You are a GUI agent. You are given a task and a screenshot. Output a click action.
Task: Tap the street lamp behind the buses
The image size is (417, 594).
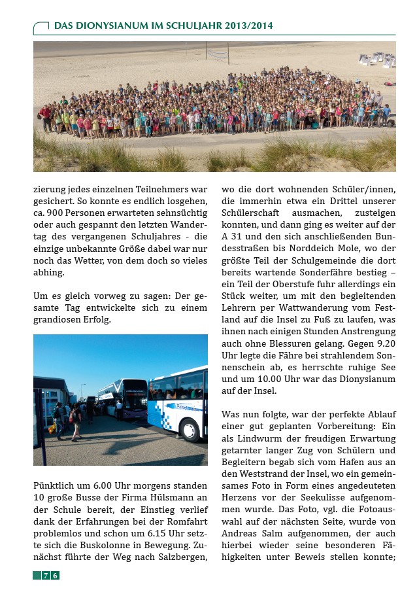point(84,391)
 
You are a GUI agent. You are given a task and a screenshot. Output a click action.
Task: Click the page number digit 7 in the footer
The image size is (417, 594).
point(46,576)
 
